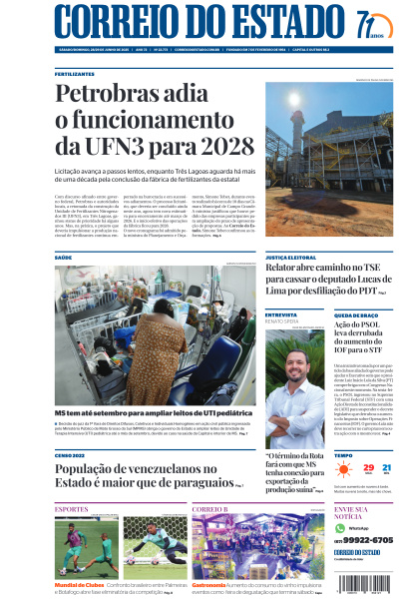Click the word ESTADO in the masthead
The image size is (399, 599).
(x=270, y=22)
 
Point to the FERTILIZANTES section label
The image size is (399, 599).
(x=75, y=74)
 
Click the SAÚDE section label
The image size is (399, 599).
(x=64, y=258)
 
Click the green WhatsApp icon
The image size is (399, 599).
(x=339, y=527)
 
